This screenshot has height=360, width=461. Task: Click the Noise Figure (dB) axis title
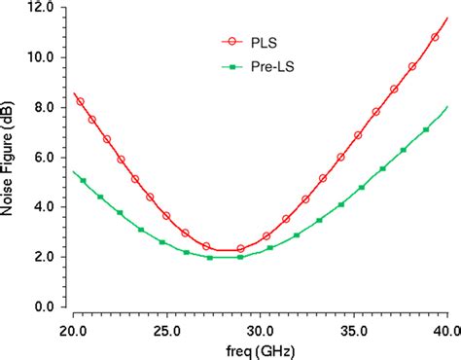point(12,161)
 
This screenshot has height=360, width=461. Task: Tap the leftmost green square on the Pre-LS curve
point(83,181)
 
